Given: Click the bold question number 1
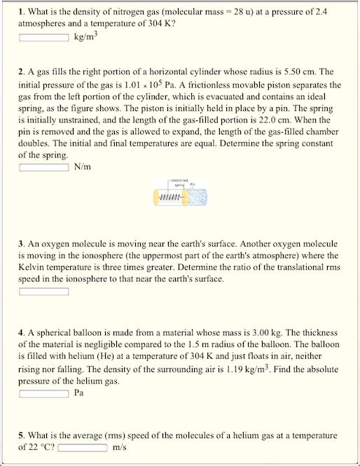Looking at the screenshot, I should (x=21, y=11).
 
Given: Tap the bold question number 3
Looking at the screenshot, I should (x=21, y=244).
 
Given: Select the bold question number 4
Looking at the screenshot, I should (x=21, y=332).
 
